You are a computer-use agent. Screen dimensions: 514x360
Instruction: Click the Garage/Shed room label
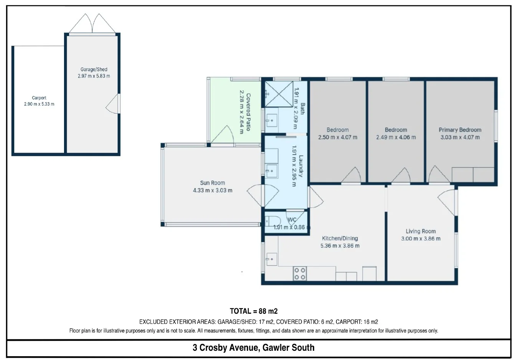[x=94, y=69]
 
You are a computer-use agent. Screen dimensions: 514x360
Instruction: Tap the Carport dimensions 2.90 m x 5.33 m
[x=39, y=104]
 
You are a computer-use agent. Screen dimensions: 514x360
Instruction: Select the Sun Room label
[x=213, y=183]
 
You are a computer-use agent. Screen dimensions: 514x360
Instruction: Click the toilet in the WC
[x=273, y=221]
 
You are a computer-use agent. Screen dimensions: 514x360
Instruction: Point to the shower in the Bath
[x=279, y=94]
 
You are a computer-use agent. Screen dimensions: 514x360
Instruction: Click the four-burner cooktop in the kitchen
[x=300, y=274]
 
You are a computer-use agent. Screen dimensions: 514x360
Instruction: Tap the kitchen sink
[x=271, y=259]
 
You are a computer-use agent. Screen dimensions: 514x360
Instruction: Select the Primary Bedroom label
[x=460, y=130]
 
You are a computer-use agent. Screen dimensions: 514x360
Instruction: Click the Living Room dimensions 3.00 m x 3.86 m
[x=421, y=239]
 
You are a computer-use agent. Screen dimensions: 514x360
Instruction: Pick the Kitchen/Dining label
[x=340, y=238]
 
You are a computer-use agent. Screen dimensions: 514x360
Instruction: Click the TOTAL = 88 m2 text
[x=254, y=311]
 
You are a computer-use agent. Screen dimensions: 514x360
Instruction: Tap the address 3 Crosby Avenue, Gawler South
[x=254, y=348]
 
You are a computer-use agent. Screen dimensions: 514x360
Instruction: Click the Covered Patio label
[x=248, y=112]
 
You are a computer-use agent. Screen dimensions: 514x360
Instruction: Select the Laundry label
[x=301, y=166]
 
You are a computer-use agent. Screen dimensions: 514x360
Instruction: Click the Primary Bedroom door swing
[x=438, y=174]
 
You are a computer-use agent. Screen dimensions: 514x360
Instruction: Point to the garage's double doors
[x=92, y=23]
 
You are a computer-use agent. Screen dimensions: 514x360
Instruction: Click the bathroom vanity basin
[x=271, y=120]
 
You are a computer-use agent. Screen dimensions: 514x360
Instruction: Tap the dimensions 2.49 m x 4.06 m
[x=396, y=137]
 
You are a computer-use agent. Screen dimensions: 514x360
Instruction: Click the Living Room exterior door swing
[x=446, y=202]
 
